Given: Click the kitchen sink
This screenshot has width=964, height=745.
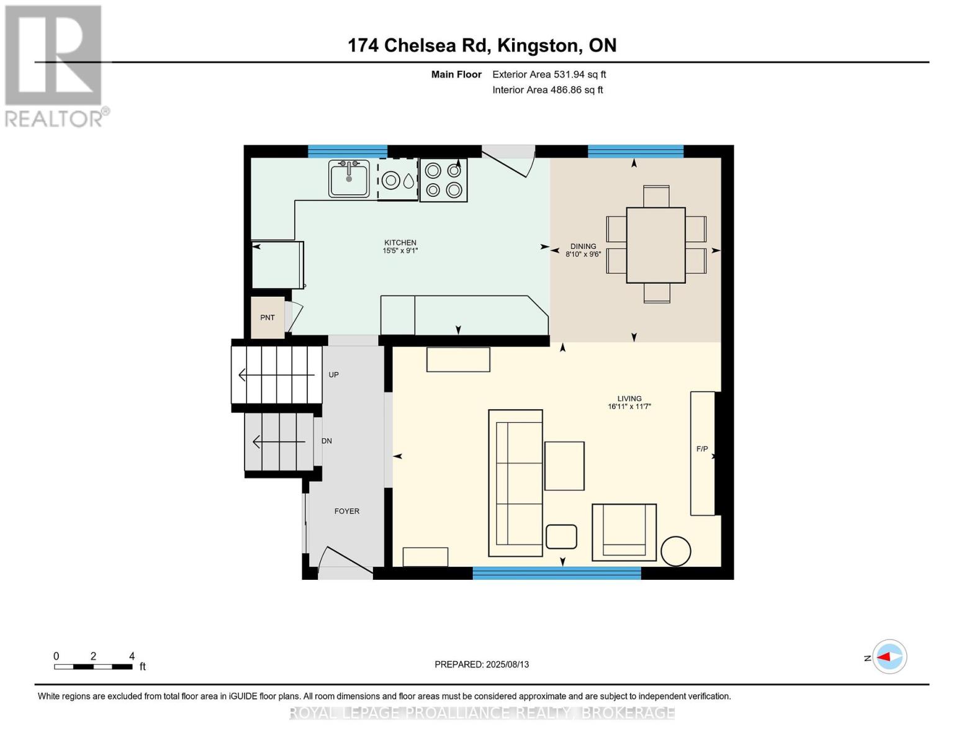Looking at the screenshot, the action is (349, 178).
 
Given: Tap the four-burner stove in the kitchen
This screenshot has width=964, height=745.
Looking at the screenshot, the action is (443, 179).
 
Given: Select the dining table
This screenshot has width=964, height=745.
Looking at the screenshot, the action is (655, 245).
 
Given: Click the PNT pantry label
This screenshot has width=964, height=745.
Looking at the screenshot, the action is (268, 318).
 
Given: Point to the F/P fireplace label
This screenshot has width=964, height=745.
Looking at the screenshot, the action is (702, 449).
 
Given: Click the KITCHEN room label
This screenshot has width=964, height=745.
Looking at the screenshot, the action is (400, 243).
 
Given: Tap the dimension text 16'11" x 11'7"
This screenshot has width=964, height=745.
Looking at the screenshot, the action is (629, 407).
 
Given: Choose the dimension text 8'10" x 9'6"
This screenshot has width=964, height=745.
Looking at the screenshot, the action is (583, 255).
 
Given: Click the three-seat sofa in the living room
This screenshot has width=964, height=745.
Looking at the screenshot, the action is (515, 483).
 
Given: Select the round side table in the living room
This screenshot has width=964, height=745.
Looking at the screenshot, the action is (675, 551).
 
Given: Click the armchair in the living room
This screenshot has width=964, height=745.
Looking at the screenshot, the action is (624, 532).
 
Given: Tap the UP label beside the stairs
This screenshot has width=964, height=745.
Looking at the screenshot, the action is (333, 375).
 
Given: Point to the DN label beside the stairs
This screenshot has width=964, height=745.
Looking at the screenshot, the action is (327, 441).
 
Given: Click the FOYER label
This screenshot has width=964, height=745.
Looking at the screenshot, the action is (347, 511).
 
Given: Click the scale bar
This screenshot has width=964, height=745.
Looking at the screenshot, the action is (93, 667).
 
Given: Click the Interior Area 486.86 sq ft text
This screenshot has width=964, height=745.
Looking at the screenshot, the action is (547, 90).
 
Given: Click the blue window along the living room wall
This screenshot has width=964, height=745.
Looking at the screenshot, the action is (557, 573).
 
